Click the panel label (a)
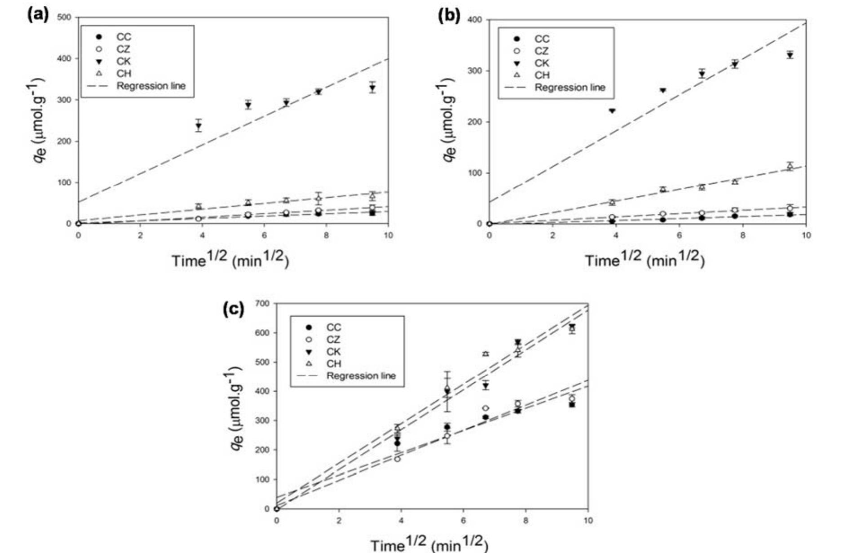pyautogui.click(x=38, y=15)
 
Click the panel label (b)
pyautogui.click(x=449, y=16)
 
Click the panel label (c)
pyautogui.click(x=234, y=309)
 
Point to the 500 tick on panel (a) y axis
pyautogui.click(x=65, y=18)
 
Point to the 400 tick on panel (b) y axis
pyautogui.click(x=475, y=20)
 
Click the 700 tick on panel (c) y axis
pyautogui.click(x=263, y=304)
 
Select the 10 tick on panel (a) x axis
pyautogui.click(x=388, y=235)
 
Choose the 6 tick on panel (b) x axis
pyautogui.click(x=679, y=235)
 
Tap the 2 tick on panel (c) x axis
pyautogui.click(x=339, y=521)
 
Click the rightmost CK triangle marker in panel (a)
pyautogui.click(x=372, y=88)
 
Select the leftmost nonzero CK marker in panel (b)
pyautogui.click(x=612, y=111)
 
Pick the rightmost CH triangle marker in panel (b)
pyautogui.click(x=790, y=167)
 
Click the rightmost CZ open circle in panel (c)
pyautogui.click(x=572, y=398)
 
